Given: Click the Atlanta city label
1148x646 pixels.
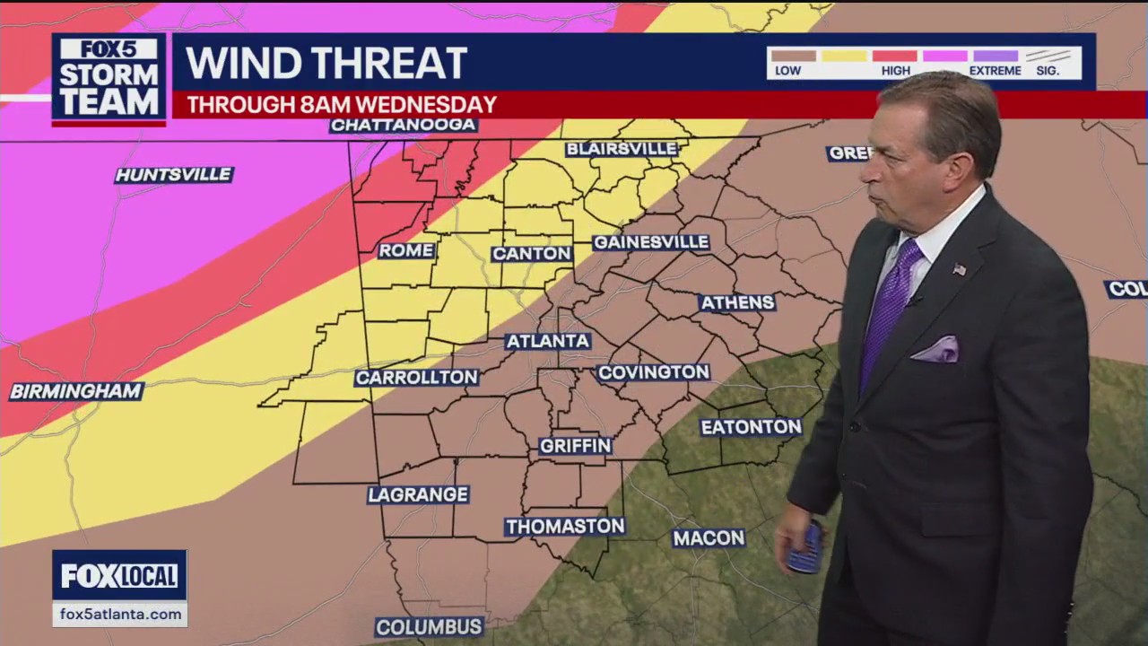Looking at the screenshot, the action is coord(547,341).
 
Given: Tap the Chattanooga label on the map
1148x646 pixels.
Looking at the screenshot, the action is coord(403,125).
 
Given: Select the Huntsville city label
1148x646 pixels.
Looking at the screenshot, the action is coord(174,175).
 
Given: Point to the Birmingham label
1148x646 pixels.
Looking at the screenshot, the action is coord(76,391).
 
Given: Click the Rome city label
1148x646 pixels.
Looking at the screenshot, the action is coord(406,250).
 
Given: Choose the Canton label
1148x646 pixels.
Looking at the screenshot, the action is coord(532,254).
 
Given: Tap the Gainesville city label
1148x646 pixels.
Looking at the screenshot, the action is coord(651,242).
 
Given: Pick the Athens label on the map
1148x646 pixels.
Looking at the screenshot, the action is coord(737,302).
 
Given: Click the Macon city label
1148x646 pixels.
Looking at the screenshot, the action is coord(709,538).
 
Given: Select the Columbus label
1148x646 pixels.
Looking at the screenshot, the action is coord(429,626).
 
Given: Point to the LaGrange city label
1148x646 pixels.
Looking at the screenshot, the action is coord(418,494).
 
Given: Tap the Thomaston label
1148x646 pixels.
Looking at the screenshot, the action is coord(564,527).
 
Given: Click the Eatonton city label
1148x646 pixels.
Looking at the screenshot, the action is coord(751,427).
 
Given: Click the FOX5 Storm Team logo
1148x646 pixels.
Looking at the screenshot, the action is coord(109,79).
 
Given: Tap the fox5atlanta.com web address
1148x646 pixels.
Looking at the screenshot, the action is coord(119,614).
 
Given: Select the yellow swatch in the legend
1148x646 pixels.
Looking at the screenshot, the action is coord(844,56).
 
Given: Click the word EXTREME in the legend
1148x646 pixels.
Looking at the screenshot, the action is coord(995,71).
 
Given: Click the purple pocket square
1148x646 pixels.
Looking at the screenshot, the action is coord(936,350).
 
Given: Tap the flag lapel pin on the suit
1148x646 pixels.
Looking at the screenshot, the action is coord(959,269).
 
